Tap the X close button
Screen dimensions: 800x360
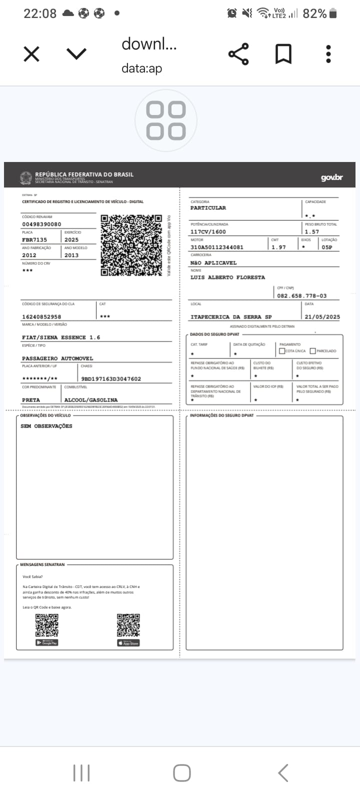click(31, 54)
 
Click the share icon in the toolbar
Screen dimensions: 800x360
click(238, 54)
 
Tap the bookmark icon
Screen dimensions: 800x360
click(283, 54)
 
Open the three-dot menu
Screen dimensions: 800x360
click(328, 54)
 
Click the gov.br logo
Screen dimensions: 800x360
click(331, 177)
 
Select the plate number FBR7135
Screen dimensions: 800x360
click(34, 240)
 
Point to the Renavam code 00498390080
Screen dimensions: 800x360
click(41, 224)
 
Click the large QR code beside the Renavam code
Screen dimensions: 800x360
click(131, 245)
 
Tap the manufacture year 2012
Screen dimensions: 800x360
click(29, 255)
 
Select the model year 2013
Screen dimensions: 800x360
click(71, 255)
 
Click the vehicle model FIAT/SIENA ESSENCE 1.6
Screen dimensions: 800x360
click(61, 337)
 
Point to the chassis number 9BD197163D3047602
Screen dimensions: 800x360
click(111, 379)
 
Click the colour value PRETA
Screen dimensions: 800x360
click(31, 400)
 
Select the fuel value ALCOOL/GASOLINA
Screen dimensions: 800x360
click(91, 400)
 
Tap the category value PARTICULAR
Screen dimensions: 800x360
click(208, 208)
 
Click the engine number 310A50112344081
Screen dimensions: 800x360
click(217, 247)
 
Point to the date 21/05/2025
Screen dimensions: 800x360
click(322, 317)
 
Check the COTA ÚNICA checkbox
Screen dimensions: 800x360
click(282, 351)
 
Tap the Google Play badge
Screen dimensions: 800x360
click(47, 642)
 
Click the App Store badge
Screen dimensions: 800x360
click(128, 643)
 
